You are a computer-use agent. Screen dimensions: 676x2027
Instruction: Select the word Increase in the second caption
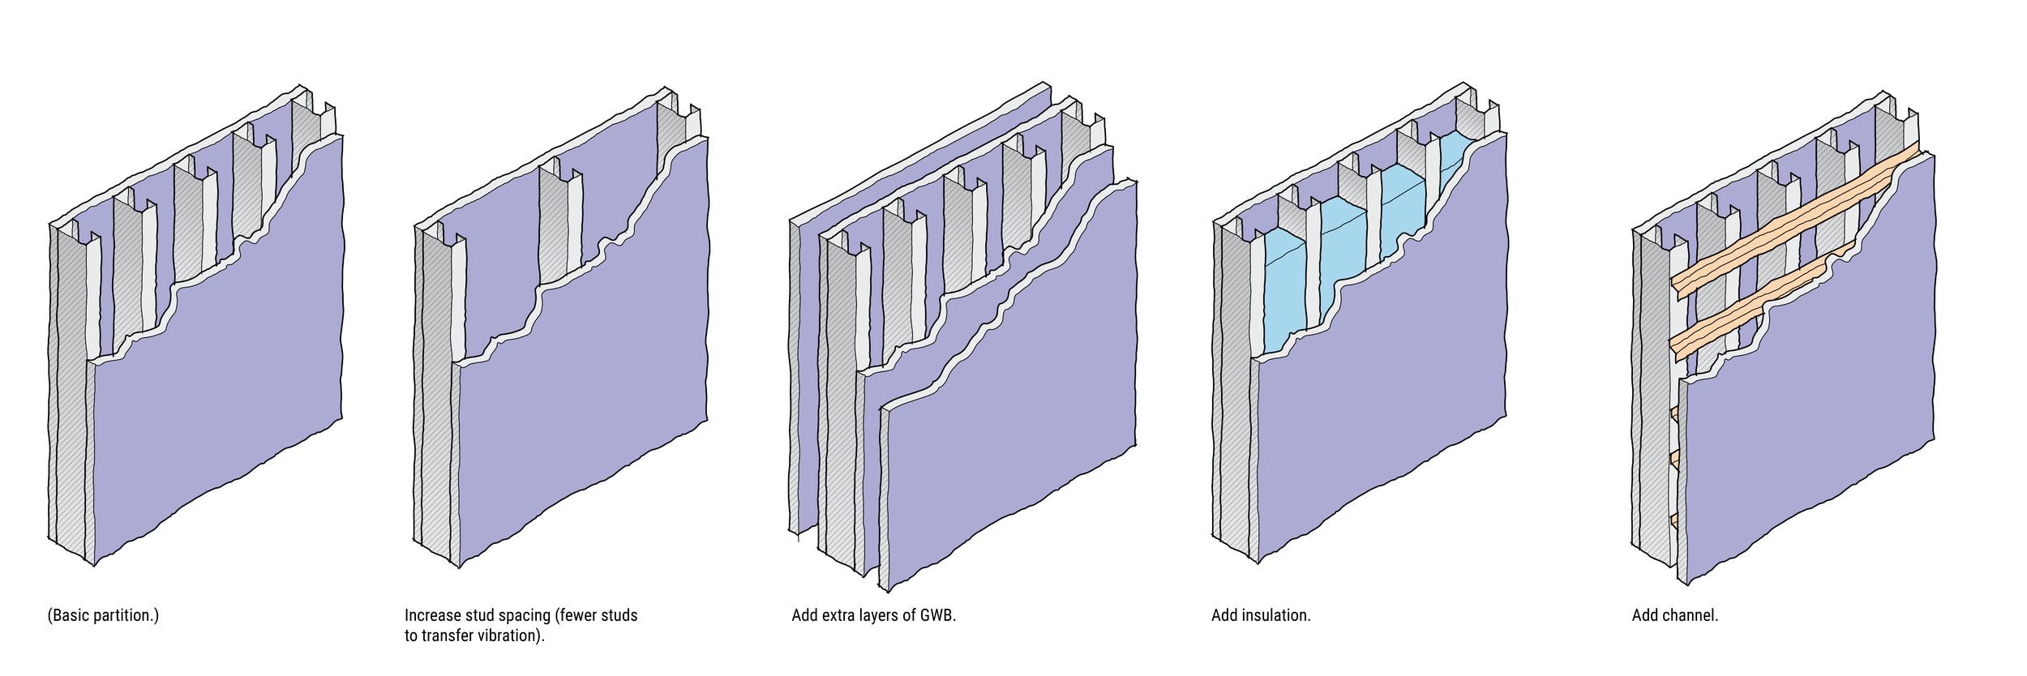pyautogui.click(x=432, y=615)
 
